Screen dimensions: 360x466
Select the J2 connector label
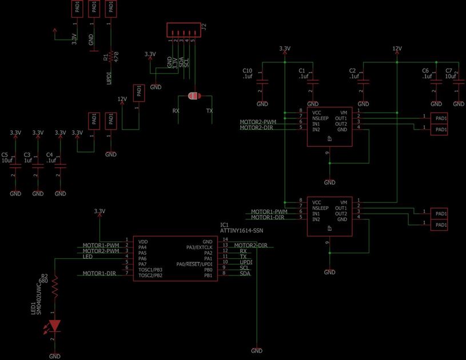tap(204, 26)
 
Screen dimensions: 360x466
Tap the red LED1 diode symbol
tap(55, 325)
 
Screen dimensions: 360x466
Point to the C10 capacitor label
tap(247, 70)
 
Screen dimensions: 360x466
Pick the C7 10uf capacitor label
tap(450, 73)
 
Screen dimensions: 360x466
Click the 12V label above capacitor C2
tap(397, 48)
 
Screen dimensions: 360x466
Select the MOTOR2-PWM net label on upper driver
tap(258, 122)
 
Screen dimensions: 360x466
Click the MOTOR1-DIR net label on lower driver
tap(268, 217)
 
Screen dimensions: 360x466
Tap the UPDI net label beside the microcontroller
tap(246, 262)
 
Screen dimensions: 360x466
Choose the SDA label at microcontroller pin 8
tap(245, 274)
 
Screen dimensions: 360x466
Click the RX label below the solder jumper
tap(176, 111)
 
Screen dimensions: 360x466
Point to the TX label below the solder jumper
tap(209, 111)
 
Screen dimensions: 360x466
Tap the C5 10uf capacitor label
tap(6, 158)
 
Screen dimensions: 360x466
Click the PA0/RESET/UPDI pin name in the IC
tap(195, 263)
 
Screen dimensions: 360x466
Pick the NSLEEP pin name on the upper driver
tap(320, 118)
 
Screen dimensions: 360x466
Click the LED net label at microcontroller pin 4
tap(87, 257)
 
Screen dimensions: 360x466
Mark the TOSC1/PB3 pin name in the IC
tap(150, 269)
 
